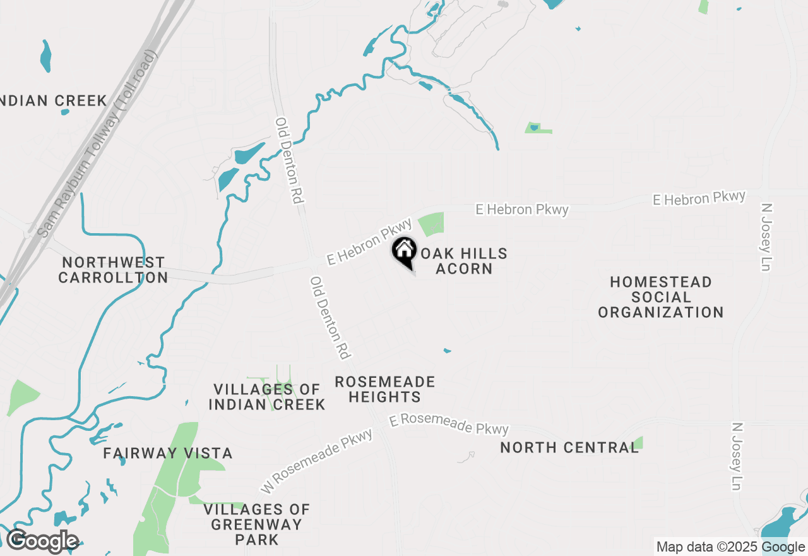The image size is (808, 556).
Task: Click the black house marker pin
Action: [404, 251]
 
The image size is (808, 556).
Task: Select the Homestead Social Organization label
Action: [660, 297]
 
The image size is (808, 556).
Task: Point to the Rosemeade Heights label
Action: [384, 389]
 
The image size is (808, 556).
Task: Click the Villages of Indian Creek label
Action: [266, 397]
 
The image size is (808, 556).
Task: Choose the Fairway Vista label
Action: [168, 453]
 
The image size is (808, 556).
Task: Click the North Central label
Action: [569, 447]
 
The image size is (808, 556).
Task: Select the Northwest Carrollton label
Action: [113, 270]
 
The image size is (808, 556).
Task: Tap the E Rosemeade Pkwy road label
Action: [449, 424]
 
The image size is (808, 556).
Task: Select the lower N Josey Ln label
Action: [737, 457]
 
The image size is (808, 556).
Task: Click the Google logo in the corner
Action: [42, 541]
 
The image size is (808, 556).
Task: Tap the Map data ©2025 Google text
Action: [730, 547]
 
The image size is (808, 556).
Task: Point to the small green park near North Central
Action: [637, 443]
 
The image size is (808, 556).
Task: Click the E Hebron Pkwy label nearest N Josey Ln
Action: [699, 198]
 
